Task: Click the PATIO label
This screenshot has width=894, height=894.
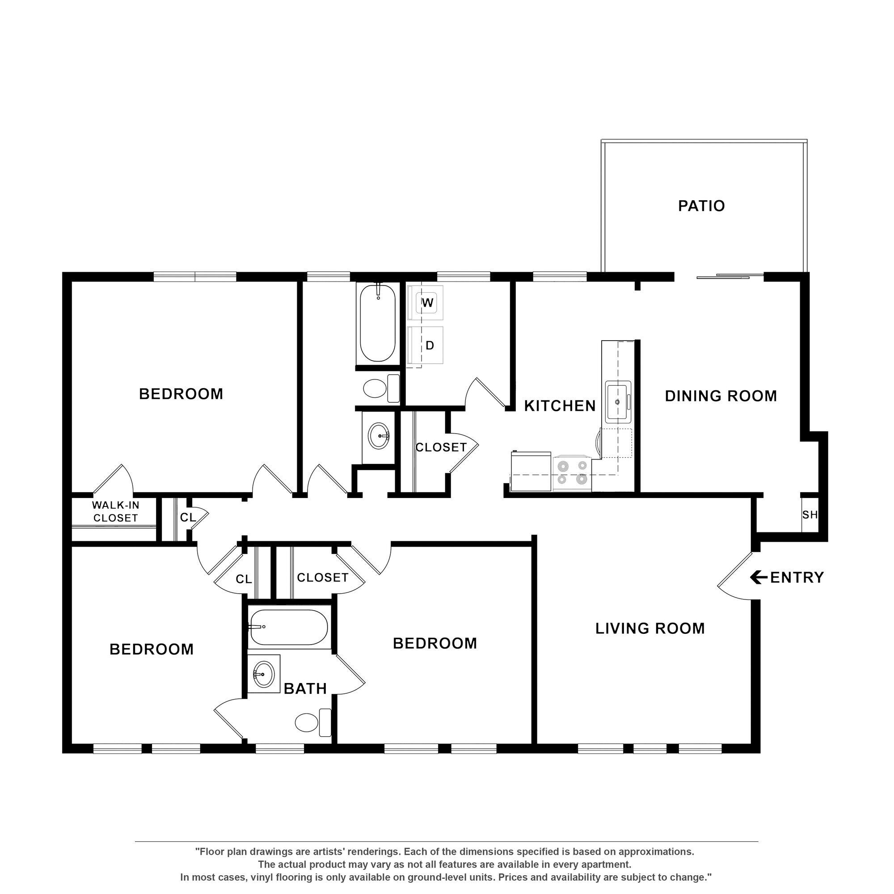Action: (701, 206)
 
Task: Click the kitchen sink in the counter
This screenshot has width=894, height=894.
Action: (618, 401)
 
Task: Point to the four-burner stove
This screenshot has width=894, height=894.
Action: (572, 473)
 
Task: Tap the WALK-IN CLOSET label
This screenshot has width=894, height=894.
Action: (115, 512)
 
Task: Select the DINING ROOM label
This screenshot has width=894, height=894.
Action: (721, 396)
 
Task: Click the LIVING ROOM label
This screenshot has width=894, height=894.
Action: (649, 628)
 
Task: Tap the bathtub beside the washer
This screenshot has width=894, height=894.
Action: (378, 323)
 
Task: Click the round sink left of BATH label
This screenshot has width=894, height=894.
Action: (263, 675)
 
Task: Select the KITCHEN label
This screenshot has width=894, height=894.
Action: (560, 406)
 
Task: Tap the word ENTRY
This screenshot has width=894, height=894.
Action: (797, 578)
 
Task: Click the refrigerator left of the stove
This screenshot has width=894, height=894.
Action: (531, 472)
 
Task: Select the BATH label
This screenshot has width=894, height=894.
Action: (305, 688)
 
